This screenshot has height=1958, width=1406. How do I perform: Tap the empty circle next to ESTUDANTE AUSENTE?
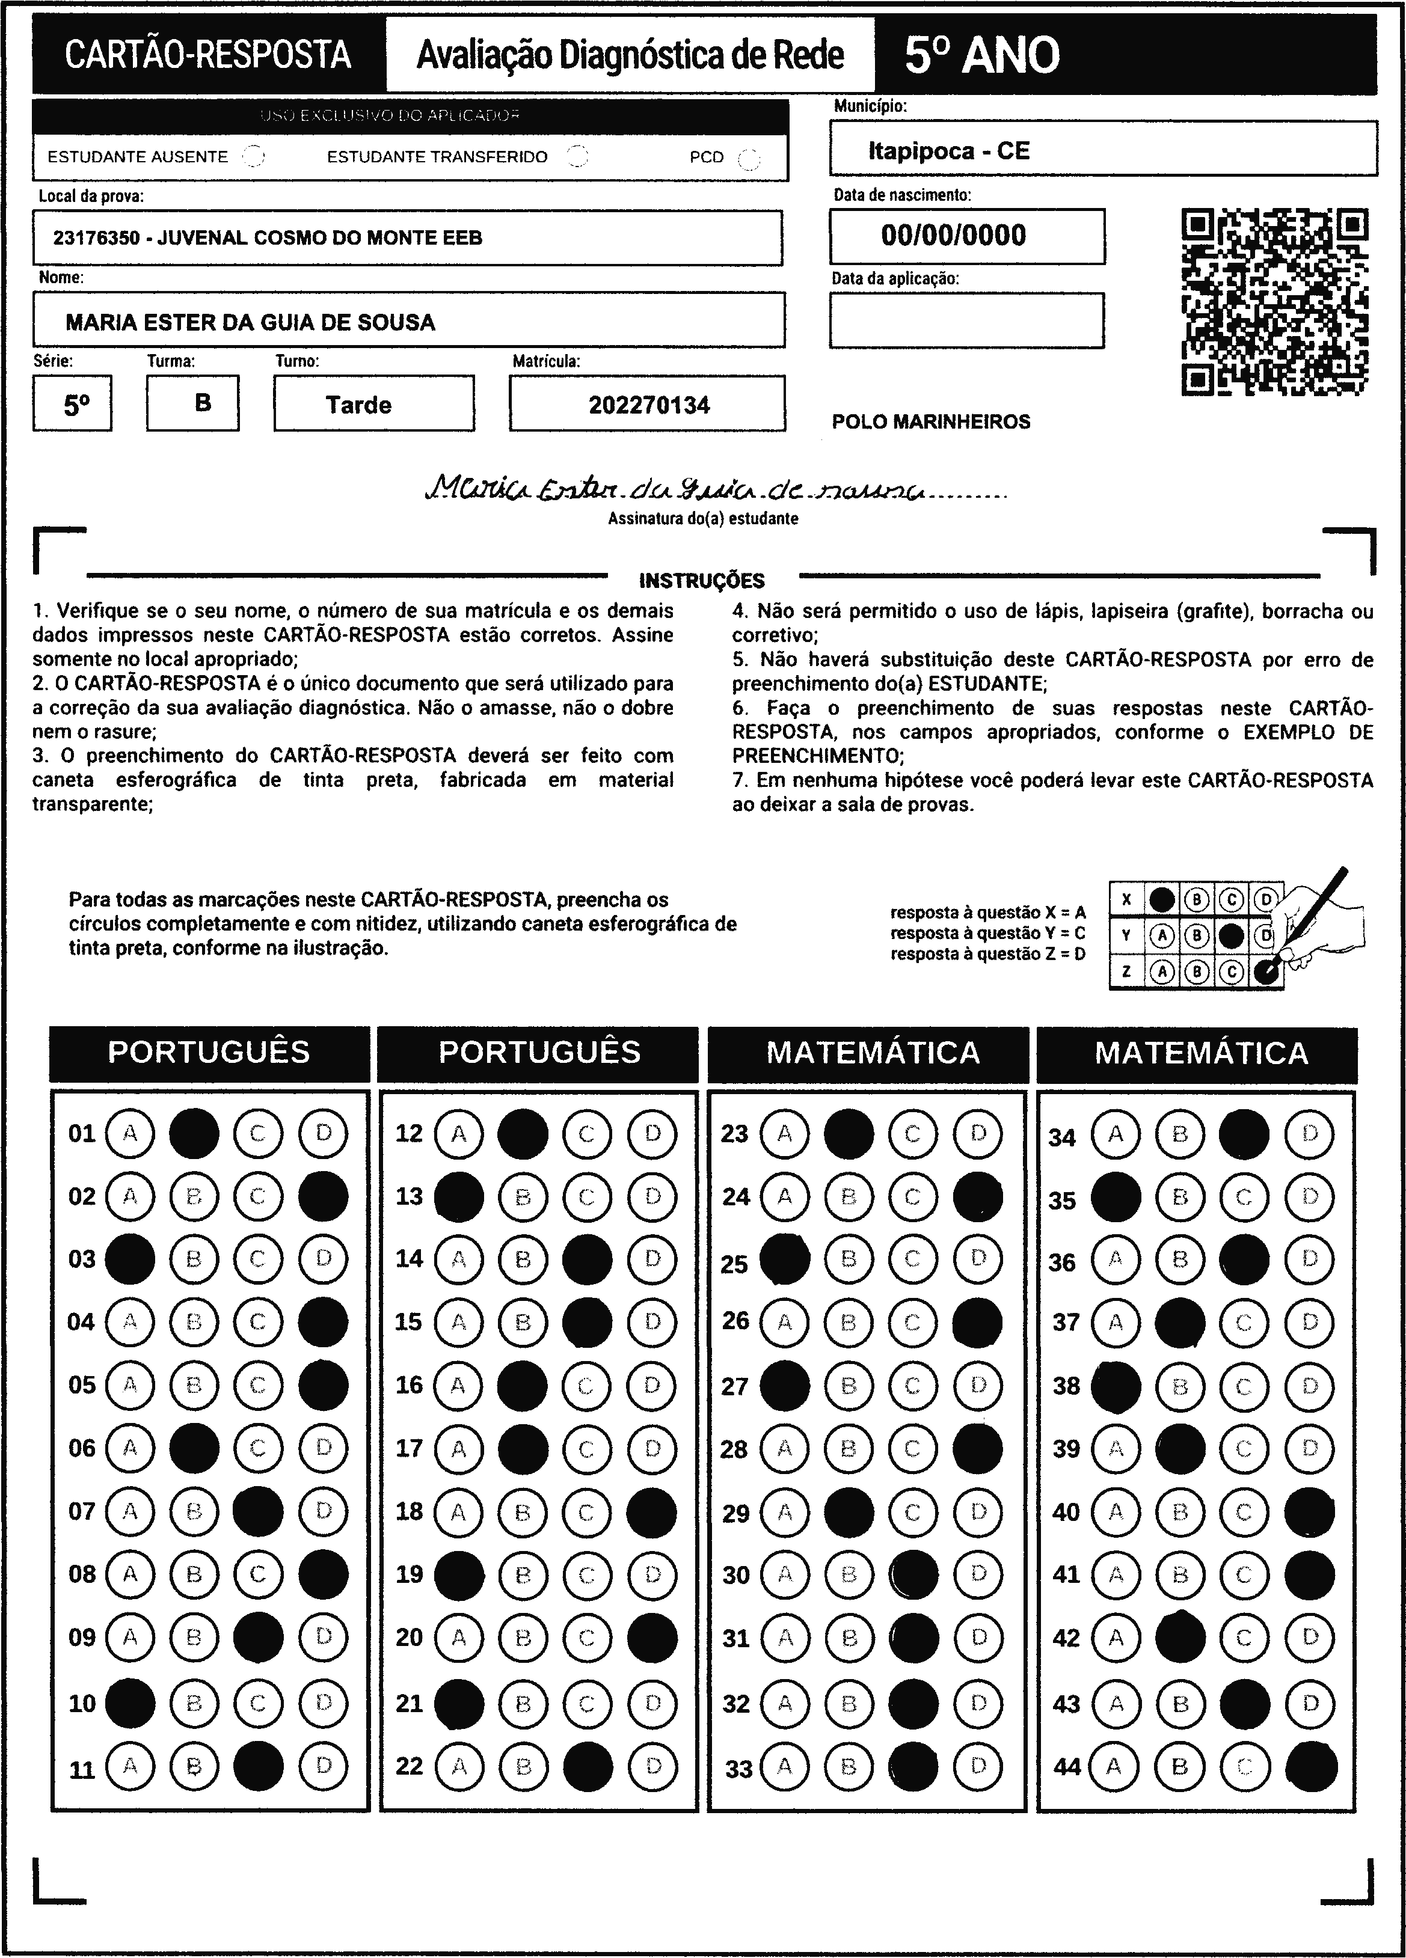click(x=253, y=156)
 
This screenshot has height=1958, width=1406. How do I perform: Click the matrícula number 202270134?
click(x=649, y=405)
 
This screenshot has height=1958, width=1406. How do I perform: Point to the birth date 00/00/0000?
click(x=953, y=236)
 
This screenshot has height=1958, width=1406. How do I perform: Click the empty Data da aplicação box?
click(x=966, y=320)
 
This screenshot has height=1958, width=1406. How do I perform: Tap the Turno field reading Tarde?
click(x=358, y=405)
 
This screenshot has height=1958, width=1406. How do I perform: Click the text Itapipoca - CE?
click(x=948, y=151)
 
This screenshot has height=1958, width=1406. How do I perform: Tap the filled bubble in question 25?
click(x=784, y=1259)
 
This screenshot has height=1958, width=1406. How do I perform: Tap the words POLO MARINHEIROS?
click(x=931, y=422)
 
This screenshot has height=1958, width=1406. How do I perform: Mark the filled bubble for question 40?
click(x=1309, y=1512)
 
